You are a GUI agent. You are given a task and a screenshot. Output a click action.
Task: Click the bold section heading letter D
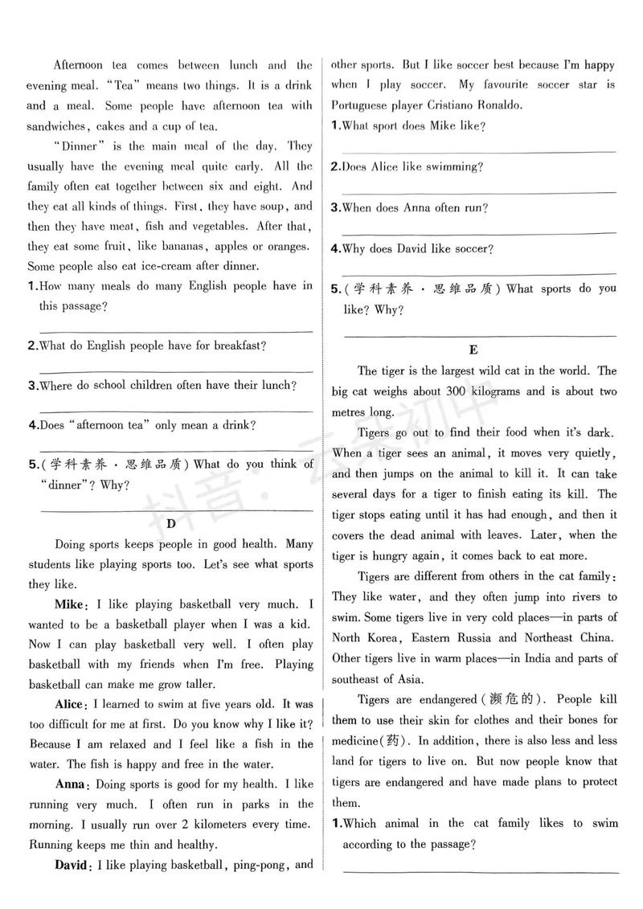click(x=170, y=525)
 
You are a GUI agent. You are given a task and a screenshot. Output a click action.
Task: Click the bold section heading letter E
click(x=473, y=350)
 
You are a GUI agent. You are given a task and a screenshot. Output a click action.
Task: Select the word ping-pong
click(x=260, y=866)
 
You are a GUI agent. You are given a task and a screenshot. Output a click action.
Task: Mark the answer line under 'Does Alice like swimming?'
click(x=479, y=191)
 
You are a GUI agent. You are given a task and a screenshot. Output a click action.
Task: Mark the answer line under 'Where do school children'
click(x=175, y=411)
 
